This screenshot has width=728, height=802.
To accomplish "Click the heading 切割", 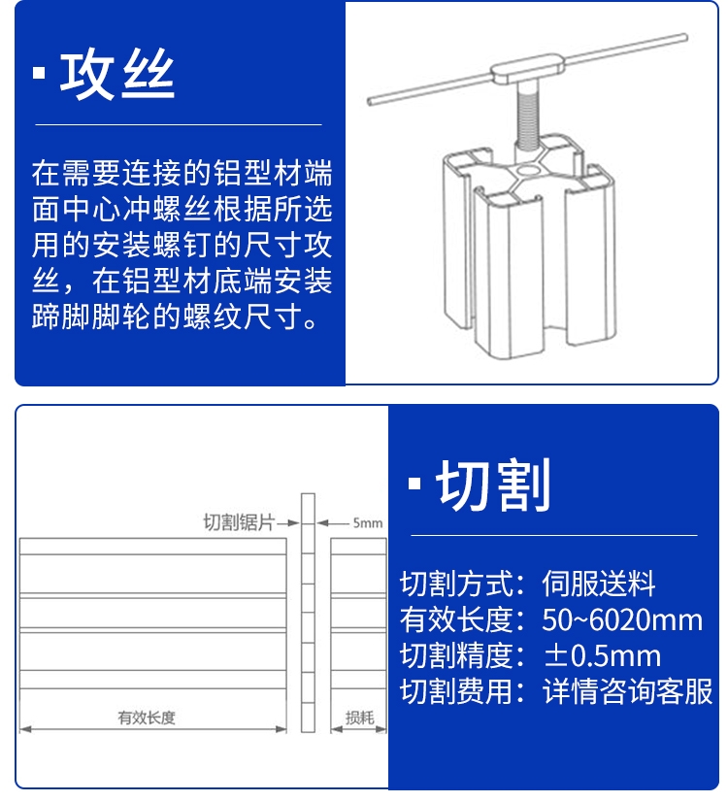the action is tap(493, 485).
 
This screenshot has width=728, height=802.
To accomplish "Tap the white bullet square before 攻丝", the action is tap(39, 73).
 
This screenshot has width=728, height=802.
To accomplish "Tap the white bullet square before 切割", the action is tap(414, 484).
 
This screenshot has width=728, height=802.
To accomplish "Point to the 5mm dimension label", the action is tap(368, 522).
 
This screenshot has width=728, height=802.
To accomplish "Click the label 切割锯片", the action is tap(239, 522).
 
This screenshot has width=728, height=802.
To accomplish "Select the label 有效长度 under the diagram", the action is tap(147, 718).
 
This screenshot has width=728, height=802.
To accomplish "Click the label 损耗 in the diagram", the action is tap(360, 718).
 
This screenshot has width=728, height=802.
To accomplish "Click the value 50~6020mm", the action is tap(621, 619).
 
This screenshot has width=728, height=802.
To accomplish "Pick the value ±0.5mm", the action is tap(602, 655).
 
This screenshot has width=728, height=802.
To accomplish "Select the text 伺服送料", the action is tap(598, 584).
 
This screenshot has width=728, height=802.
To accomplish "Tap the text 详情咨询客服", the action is tap(627, 691).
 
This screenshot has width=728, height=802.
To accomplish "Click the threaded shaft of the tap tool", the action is tap(528, 117).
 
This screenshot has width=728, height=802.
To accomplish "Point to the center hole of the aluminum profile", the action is tap(529, 170).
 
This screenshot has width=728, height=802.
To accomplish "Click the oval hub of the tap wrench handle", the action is tap(529, 69).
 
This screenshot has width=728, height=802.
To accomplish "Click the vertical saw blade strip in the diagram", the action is tap(308, 613).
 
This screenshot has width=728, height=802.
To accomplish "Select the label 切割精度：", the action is tap(463, 655).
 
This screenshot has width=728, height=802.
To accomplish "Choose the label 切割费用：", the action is tap(463, 691).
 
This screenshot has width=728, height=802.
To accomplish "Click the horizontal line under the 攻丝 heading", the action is tap(179, 124).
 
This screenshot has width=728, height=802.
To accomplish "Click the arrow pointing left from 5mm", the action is tap(332, 522).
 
